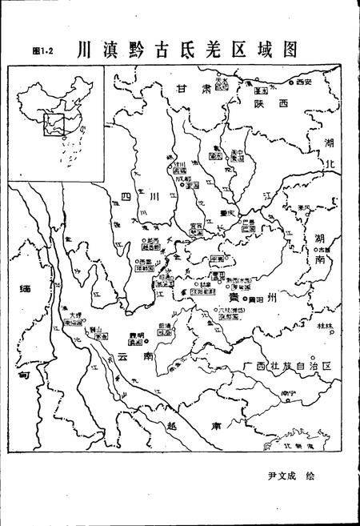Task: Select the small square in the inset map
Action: tap(54, 124)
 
